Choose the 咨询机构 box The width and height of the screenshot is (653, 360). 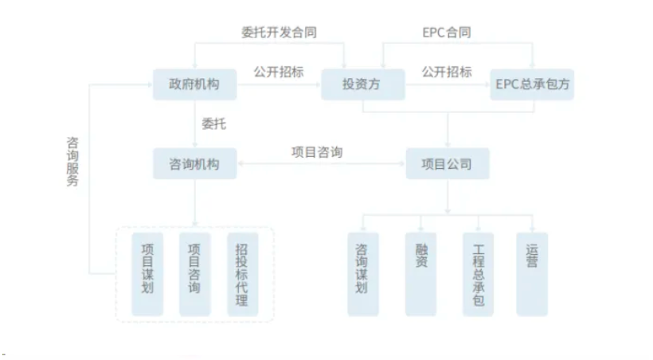coord(194,164)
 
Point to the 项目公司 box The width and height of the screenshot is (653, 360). coord(447,164)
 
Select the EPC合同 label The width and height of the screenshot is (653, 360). coord(446,33)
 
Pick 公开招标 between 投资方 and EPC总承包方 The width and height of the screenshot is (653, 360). coord(446,72)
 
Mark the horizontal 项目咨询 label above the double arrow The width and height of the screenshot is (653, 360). coord(316,151)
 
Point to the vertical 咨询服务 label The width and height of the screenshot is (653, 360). coord(72,160)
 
